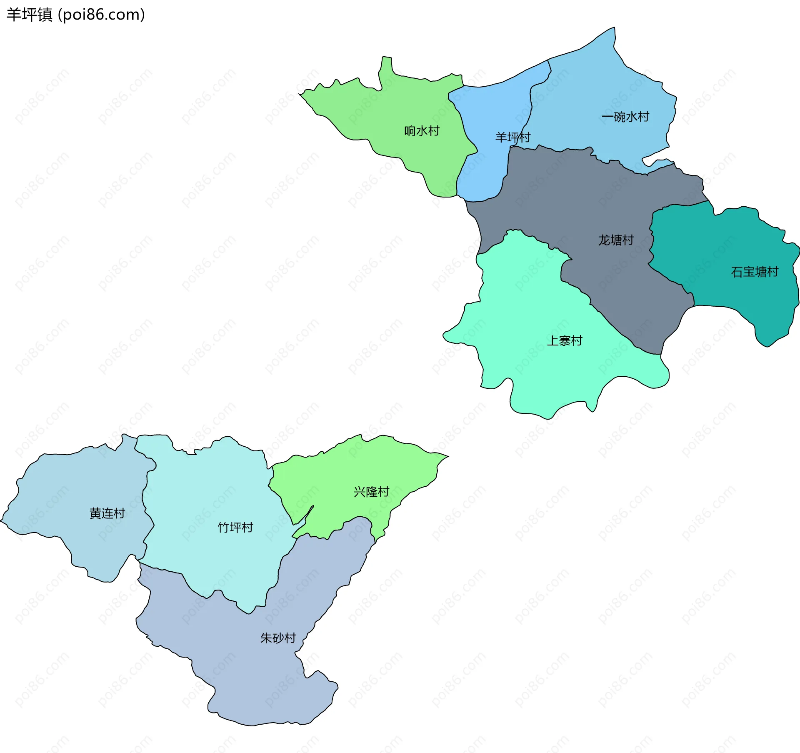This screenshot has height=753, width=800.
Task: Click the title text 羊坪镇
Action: [29, 15]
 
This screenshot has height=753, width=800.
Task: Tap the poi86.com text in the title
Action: [101, 15]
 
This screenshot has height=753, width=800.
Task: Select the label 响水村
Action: [422, 131]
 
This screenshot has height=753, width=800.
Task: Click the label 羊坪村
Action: [512, 137]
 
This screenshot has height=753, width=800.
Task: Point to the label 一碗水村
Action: [625, 117]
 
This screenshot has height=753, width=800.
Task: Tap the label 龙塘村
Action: [615, 240]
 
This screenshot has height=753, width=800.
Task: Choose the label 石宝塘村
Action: [754, 272]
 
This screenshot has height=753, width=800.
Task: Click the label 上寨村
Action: [564, 341]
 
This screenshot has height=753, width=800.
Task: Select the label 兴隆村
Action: [371, 492]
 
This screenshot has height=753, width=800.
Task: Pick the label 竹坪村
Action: [235, 528]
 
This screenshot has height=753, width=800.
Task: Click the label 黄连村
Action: [107, 513]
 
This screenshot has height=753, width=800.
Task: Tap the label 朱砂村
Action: [277, 638]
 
